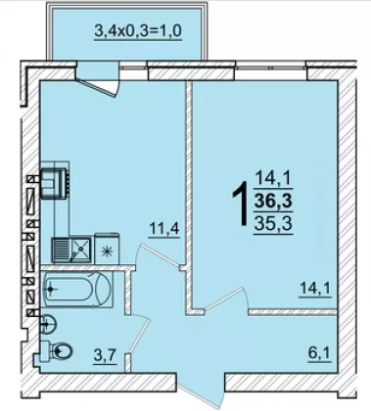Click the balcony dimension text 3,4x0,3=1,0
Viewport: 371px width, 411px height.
pyautogui.click(x=138, y=31)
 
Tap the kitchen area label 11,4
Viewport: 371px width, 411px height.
pyautogui.click(x=164, y=229)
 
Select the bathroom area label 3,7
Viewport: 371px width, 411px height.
pyautogui.click(x=106, y=355)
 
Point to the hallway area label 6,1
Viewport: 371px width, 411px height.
pyautogui.click(x=320, y=353)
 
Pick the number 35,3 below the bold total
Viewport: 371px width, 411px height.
pyautogui.click(x=273, y=223)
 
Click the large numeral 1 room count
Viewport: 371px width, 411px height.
pyautogui.click(x=241, y=204)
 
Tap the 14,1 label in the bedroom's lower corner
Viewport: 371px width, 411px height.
pyautogui.click(x=315, y=289)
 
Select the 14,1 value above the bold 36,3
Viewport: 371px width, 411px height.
pyautogui.click(x=273, y=179)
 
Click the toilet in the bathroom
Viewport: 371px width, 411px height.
pyautogui.click(x=59, y=351)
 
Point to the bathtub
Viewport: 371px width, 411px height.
pyautogui.click(x=76, y=290)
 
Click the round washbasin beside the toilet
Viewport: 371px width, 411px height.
pyautogui.click(x=48, y=324)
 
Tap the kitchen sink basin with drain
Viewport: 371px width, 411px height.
pyautogui.click(x=80, y=250)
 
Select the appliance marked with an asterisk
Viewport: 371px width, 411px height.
pyautogui.click(x=107, y=249)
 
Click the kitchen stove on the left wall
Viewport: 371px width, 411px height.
pyautogui.click(x=54, y=183)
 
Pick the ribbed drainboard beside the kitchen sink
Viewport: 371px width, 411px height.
pyautogui.click(x=61, y=250)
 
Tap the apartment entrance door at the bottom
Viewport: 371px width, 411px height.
pyautogui.click(x=201, y=390)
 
